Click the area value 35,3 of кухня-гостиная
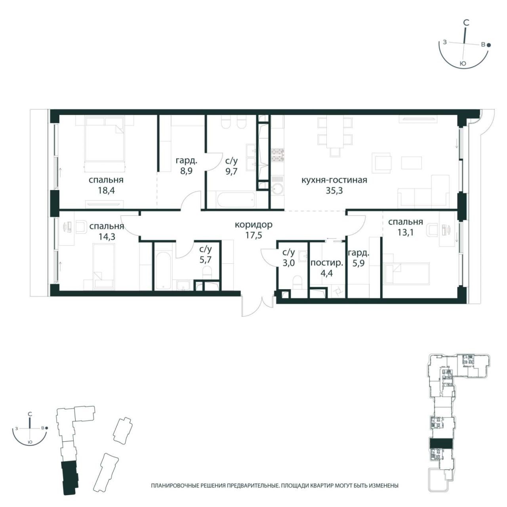(334, 191)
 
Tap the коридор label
(253, 225)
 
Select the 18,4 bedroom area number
(106, 190)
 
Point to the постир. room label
(327, 263)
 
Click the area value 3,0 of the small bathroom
(288, 263)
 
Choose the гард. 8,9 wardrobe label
(186, 166)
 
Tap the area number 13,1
(405, 233)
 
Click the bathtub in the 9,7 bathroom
(235, 201)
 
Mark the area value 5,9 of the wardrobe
(358, 263)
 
